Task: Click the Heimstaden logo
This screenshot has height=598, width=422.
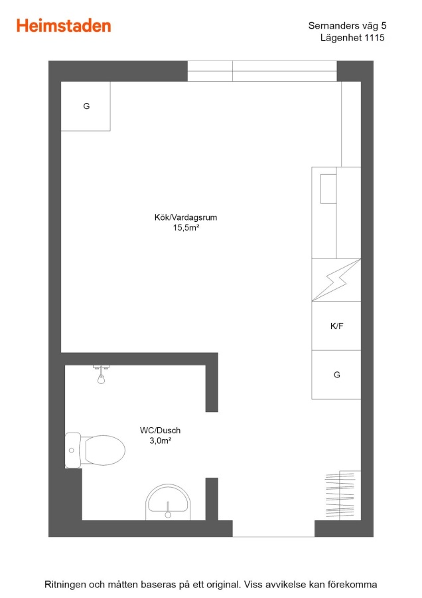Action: (64, 26)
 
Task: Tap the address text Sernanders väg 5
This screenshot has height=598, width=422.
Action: (347, 25)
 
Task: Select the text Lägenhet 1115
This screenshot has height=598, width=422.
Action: (352, 38)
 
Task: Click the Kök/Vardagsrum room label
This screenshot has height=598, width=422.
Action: (186, 217)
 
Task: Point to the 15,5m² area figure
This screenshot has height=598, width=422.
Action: (186, 228)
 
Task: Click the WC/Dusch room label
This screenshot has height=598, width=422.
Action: (161, 431)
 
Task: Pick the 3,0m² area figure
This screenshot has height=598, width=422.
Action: (161, 441)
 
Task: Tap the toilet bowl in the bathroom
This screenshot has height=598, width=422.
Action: (105, 450)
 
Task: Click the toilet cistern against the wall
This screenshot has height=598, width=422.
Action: (73, 450)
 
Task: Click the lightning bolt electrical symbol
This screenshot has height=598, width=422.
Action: (336, 280)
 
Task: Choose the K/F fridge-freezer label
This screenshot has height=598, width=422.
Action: (336, 326)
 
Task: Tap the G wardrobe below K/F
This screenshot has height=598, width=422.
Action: (336, 375)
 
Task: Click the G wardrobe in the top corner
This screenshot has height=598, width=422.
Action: (86, 106)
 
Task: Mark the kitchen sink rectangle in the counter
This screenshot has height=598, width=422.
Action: (328, 189)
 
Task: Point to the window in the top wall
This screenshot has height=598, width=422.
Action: (262, 71)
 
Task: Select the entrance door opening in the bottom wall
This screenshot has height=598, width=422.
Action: (273, 529)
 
